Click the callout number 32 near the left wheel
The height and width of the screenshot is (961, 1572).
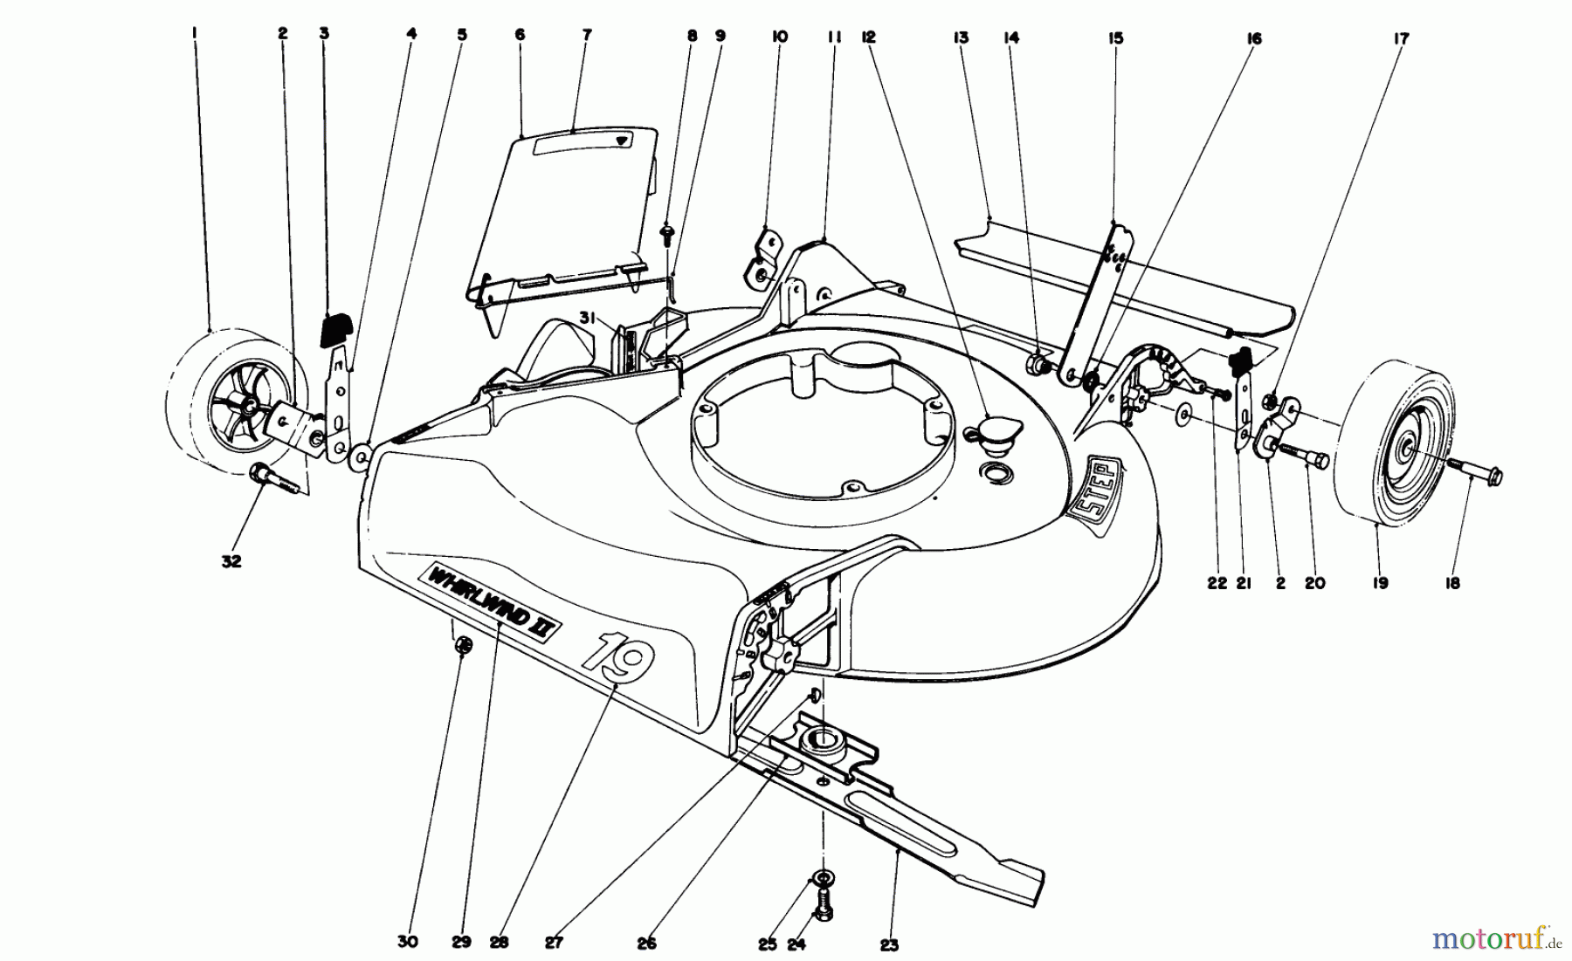tap(231, 562)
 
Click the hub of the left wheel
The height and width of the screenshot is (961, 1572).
tap(248, 407)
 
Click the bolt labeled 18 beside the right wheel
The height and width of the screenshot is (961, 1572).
tap(1475, 475)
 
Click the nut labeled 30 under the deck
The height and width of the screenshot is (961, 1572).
tap(465, 647)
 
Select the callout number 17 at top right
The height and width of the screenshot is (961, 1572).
tap(1402, 38)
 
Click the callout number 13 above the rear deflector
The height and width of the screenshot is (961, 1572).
tap(962, 38)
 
